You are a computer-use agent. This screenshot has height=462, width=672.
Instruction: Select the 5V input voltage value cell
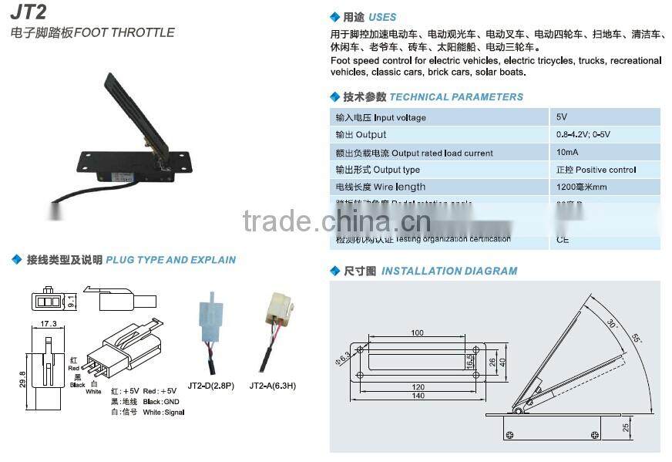(x=562, y=117)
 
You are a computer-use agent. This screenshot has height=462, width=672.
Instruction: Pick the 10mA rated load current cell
(x=567, y=153)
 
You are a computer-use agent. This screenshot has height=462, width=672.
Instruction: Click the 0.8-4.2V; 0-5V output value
(x=583, y=135)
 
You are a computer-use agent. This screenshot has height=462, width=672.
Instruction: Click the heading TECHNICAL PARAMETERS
(x=455, y=97)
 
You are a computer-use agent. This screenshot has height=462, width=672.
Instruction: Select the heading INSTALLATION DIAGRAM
(x=449, y=271)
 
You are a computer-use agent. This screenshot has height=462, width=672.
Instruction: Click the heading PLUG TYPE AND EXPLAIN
(x=170, y=260)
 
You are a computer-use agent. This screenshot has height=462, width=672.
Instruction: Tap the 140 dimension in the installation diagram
(x=417, y=395)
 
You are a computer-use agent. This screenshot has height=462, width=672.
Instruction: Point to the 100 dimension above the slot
(x=417, y=332)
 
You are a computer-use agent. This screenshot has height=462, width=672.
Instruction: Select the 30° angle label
(x=612, y=324)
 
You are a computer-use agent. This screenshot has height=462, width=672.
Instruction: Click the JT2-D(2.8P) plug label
(x=211, y=384)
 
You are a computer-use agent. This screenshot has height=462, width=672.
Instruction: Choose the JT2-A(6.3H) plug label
(x=274, y=384)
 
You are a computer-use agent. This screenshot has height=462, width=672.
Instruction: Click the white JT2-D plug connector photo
(x=210, y=316)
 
